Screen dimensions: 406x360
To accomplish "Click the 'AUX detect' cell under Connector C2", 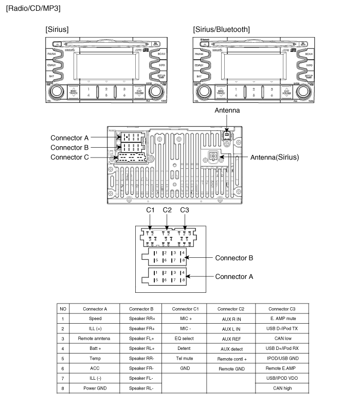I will point(228,349).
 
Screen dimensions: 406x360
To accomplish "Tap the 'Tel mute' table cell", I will point(184,359).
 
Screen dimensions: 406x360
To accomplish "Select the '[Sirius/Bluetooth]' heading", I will point(222,29).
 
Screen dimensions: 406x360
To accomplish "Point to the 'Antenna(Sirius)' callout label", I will point(274,157).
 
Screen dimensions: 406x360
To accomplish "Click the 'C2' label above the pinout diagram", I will point(167,210).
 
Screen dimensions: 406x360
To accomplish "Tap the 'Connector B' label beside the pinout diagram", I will point(234,257).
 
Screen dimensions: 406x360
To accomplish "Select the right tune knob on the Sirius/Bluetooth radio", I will point(300,92).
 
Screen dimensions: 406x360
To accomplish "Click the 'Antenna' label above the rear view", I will point(227,110).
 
